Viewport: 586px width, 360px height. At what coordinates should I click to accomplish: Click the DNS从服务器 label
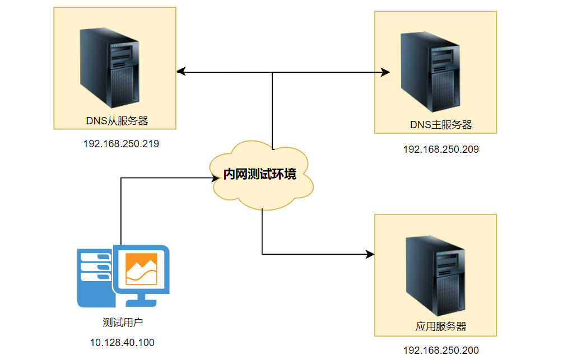[117, 120]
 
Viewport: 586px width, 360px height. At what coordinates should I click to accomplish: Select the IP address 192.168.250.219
[121, 144]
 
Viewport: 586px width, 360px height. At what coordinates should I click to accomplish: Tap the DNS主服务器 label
[440, 125]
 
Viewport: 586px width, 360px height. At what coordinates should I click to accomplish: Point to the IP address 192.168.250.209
[441, 149]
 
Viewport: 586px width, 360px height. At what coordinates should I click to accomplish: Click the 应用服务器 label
[441, 326]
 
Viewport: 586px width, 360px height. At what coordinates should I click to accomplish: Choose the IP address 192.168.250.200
[441, 350]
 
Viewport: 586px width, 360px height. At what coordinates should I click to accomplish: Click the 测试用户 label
[122, 322]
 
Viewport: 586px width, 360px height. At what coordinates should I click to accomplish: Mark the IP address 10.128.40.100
[122, 343]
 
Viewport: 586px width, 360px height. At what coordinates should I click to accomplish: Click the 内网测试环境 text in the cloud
[259, 175]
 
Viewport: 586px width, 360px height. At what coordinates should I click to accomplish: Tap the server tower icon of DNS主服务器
[430, 72]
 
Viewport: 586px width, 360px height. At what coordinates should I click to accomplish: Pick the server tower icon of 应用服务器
[435, 275]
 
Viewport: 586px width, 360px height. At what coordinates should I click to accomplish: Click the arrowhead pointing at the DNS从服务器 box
[180, 72]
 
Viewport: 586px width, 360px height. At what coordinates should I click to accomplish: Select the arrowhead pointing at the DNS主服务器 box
[385, 72]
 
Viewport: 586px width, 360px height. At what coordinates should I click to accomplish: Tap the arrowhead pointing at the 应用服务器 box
[370, 254]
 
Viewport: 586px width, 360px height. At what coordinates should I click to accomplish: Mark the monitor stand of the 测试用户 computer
[141, 301]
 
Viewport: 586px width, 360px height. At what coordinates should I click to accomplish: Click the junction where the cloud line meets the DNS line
[272, 72]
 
